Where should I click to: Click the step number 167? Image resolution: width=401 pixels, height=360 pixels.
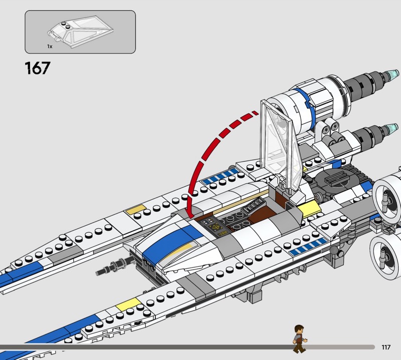(x=37, y=68)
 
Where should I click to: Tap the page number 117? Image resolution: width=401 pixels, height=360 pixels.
(x=385, y=347)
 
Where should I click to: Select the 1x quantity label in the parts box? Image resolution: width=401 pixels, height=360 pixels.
(x=50, y=46)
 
